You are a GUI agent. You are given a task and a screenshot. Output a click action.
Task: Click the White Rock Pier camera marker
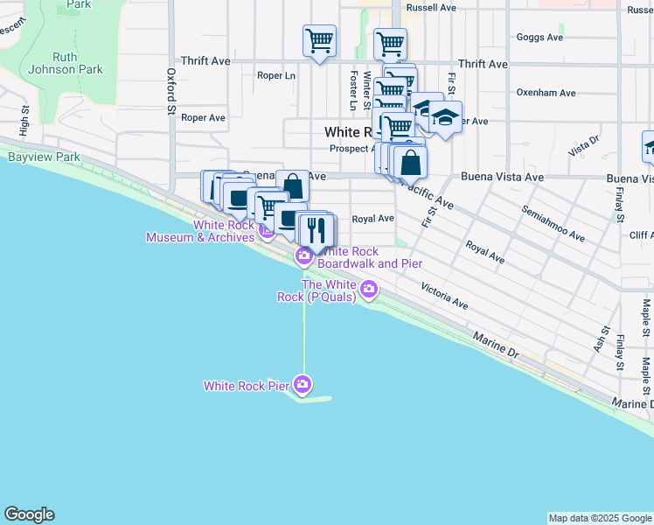click(303, 384)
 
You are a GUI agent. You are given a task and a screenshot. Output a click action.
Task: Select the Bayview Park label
click(44, 157)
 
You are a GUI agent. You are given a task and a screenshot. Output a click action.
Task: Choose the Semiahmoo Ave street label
click(553, 223)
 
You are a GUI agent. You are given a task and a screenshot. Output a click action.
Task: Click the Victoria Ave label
click(444, 294)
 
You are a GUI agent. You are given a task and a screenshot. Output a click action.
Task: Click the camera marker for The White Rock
click(370, 288)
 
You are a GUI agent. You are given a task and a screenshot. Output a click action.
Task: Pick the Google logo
click(29, 514)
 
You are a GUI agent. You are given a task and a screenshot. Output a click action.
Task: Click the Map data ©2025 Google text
click(599, 518)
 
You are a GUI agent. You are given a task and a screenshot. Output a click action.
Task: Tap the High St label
click(24, 117)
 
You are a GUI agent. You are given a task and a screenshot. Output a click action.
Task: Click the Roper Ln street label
click(275, 75)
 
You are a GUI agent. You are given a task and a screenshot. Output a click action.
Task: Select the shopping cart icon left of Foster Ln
click(319, 39)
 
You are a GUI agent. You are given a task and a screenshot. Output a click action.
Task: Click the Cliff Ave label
click(640, 235)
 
